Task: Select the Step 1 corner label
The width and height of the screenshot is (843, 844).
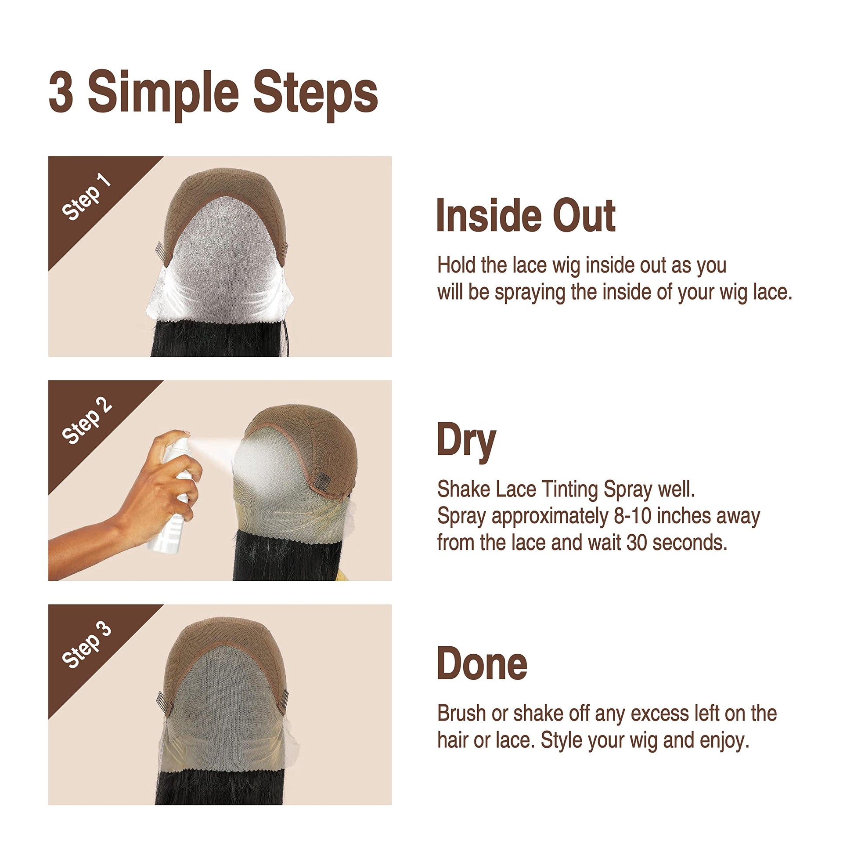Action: coord(86,196)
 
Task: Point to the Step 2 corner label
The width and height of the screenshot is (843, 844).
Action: coord(86,420)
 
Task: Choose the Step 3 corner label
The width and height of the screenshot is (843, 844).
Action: coord(86,644)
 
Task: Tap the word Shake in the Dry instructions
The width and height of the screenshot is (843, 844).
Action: coord(464,489)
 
